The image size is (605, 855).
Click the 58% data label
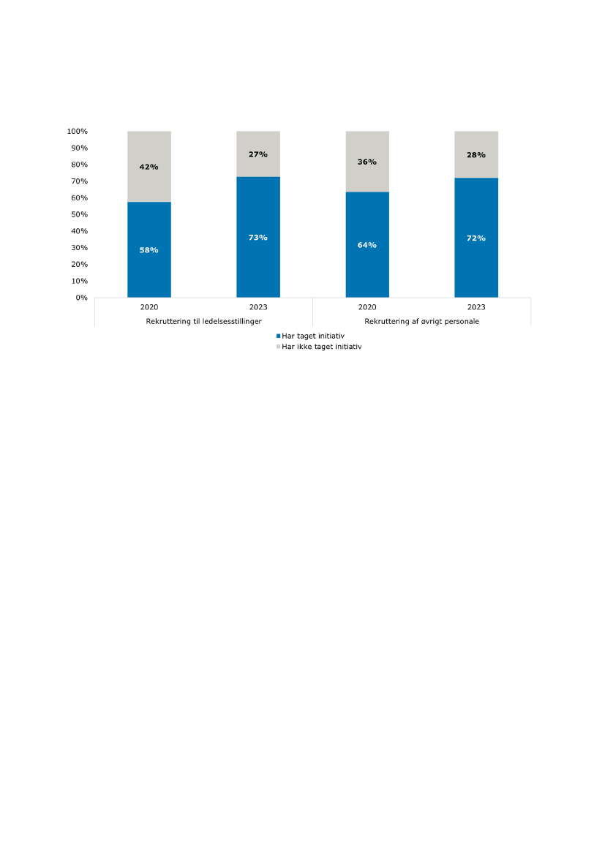coord(149,250)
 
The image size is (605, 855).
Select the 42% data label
coord(149,167)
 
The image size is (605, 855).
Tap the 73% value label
coord(258,238)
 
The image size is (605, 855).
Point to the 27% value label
coord(258,154)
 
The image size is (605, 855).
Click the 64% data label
coord(367,245)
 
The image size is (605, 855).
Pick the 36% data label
coord(367,162)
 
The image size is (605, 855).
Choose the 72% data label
coord(476,238)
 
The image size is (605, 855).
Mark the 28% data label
coord(476,155)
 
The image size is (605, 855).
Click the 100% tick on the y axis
coord(78,132)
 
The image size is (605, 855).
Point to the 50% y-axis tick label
coord(79,215)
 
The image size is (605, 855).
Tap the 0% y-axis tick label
coord(81,298)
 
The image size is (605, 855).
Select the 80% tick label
coord(79,165)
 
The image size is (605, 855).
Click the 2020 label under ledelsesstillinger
coord(149,308)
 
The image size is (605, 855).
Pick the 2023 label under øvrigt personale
coord(476,308)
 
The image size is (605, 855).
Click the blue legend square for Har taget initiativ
coord(278,336)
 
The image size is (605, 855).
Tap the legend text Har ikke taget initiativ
coord(322,347)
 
